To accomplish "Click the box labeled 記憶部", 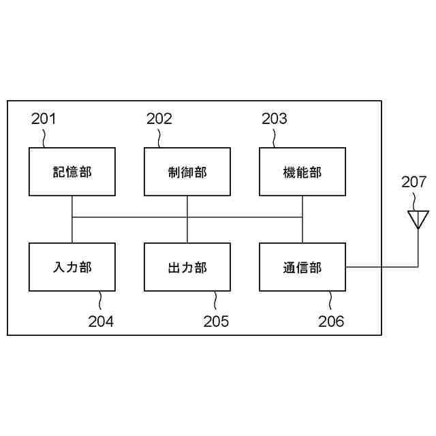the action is click(x=72, y=172).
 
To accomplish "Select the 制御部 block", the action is click(x=187, y=172).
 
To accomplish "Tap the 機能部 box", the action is click(x=302, y=172).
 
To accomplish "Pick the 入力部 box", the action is click(x=72, y=266).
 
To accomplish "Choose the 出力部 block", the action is click(x=187, y=266).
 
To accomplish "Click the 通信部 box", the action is click(x=302, y=266).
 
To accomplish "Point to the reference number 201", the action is click(x=44, y=119).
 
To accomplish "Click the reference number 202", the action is click(x=159, y=119).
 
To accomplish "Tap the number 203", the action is click(x=274, y=119).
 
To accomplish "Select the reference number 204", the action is click(x=101, y=321).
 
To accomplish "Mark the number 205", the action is click(x=216, y=321).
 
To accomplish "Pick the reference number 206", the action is click(x=331, y=321).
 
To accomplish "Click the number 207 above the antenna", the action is click(x=414, y=182).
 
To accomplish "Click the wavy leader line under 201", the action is click(x=44, y=138).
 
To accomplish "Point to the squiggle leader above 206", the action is click(x=330, y=300).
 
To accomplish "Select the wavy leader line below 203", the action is click(x=275, y=138).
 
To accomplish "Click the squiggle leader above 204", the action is click(x=100, y=300).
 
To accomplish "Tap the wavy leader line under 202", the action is click(x=159, y=138).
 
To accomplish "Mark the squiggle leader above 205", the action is click(x=215, y=300).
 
